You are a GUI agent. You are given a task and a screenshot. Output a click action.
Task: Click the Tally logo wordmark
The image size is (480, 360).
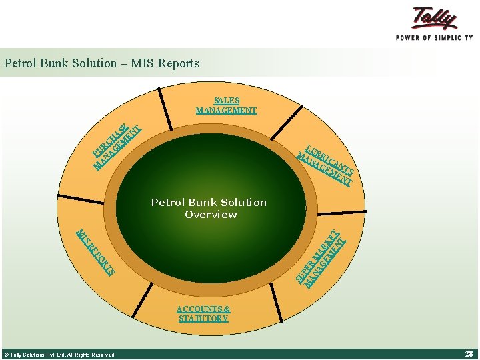435,18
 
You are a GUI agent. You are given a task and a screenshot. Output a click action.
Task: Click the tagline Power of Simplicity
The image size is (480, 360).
434,38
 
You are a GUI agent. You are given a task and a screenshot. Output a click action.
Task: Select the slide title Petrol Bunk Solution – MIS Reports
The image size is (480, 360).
101,63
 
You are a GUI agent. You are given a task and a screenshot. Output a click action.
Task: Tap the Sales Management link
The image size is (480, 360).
226,105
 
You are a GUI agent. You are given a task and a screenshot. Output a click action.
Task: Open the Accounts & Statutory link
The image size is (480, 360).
203,313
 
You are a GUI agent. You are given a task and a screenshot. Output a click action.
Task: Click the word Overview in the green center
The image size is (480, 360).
211,214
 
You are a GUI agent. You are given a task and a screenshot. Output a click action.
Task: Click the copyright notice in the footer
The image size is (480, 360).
59,355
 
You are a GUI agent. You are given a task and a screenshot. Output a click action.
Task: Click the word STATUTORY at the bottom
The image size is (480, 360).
203,319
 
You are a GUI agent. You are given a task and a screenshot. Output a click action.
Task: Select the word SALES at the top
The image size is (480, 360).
227,101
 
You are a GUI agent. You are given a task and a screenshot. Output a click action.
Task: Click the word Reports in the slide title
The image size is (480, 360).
178,63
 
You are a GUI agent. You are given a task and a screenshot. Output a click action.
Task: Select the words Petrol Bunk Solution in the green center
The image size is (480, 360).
209,202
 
